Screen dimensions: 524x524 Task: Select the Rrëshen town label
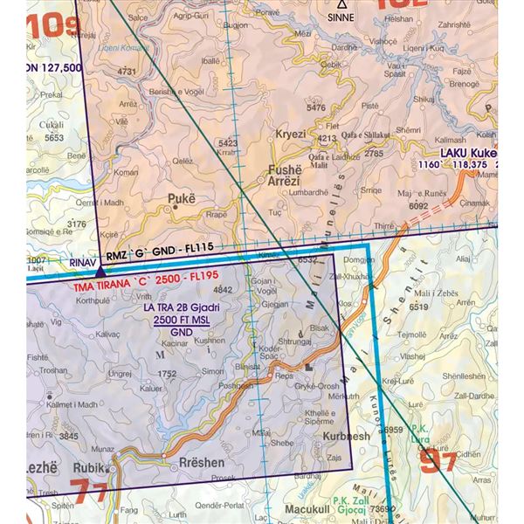coord(201,463)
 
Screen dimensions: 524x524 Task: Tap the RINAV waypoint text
coord(81,261)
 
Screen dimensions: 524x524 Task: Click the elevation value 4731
coord(128,71)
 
